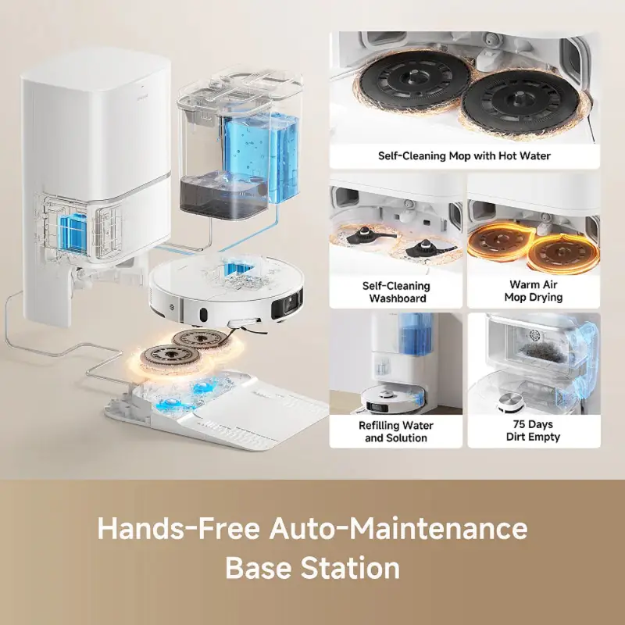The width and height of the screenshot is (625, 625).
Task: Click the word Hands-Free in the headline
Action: pos(179,528)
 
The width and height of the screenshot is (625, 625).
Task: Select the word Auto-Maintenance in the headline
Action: pos(398,528)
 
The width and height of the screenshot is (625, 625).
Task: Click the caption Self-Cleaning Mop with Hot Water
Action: pos(464,155)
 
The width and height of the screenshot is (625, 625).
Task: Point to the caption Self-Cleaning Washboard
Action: pos(396,291)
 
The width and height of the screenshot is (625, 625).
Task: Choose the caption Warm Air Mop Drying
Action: pos(534,291)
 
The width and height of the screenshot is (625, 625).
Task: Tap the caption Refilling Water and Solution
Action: pos(396,431)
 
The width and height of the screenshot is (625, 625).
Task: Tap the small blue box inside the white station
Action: pos(73,234)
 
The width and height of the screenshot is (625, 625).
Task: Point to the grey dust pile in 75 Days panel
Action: pos(537,350)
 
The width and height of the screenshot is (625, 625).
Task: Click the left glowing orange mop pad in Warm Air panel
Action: pos(500,241)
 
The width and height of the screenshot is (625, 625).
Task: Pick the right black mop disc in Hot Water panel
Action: pos(520,102)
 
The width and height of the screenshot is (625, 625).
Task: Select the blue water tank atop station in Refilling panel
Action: pos(415,334)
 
